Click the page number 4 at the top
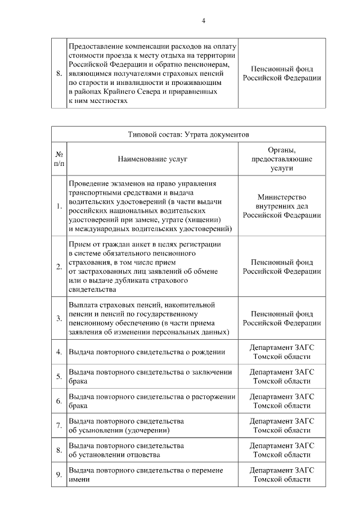pyautogui.click(x=204, y=21)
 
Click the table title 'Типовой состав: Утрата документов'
pyautogui.click(x=188, y=134)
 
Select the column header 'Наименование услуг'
pyautogui.click(x=152, y=159)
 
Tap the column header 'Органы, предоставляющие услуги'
pyautogui.click(x=282, y=159)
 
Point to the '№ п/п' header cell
pyautogui.click(x=59, y=159)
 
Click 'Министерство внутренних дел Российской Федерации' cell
pyautogui.click(x=282, y=206)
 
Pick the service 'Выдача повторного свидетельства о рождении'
pyautogui.click(x=147, y=352)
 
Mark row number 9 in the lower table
pyautogui.click(x=59, y=475)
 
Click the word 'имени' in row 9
pyautogui.click(x=78, y=480)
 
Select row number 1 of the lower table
pyautogui.click(x=59, y=206)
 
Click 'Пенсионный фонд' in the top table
pyautogui.click(x=282, y=69)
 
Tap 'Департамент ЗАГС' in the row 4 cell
pyautogui.click(x=282, y=348)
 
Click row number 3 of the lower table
pyautogui.click(x=59, y=318)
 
